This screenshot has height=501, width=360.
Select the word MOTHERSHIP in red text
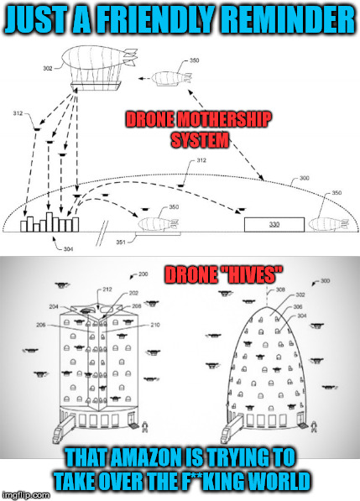pyautogui.click(x=224, y=119)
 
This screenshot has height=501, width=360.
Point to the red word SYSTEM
pyautogui.click(x=200, y=139)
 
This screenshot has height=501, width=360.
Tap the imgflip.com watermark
pyautogui.click(x=25, y=495)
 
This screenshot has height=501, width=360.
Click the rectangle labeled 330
pyautogui.click(x=274, y=224)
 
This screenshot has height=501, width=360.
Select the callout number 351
pyautogui.click(x=121, y=243)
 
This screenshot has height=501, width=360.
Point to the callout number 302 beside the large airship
pyautogui.click(x=48, y=68)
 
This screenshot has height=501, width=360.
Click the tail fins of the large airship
pyautogui.click(x=130, y=57)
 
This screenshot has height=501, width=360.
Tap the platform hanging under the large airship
pyautogui.click(x=96, y=86)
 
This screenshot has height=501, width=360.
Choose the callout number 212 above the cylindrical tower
pyautogui.click(x=107, y=290)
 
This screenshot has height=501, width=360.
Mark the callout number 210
pyautogui.click(x=155, y=325)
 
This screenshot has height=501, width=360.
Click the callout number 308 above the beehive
pyautogui.click(x=280, y=290)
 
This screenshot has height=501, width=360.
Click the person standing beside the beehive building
pyautogui.click(x=314, y=426)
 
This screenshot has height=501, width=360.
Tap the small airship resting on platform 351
pyautogui.click(x=158, y=224)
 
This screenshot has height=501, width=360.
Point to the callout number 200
pyautogui.click(x=143, y=274)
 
